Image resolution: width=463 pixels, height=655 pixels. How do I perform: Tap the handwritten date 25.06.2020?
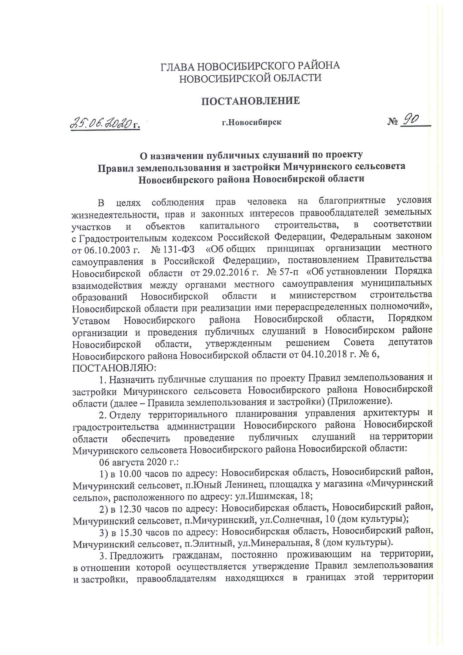pos(102,123)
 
